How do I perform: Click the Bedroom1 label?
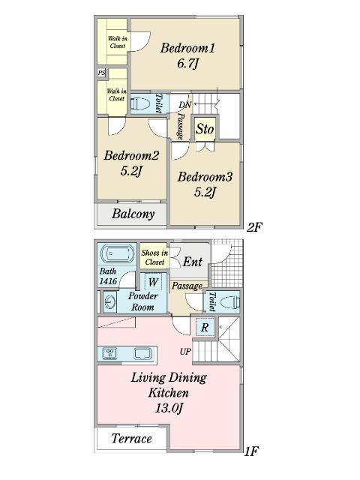[x=187, y=48]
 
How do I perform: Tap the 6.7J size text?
[x=187, y=64]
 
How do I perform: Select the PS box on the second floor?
[x=102, y=73]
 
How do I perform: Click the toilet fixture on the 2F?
[x=140, y=103]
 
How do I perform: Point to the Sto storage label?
[x=205, y=129]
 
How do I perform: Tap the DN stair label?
[x=185, y=105]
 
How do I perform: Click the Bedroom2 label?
[x=131, y=155]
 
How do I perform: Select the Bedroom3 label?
[x=205, y=177]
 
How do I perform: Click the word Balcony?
[x=133, y=214]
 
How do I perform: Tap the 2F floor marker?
[x=254, y=227]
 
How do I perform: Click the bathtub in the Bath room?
[x=118, y=254]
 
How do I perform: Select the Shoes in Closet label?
[x=154, y=257]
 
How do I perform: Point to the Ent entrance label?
[x=193, y=262]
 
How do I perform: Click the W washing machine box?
[x=153, y=282]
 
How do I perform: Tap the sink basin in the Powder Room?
[x=109, y=301]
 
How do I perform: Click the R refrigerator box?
[x=205, y=327]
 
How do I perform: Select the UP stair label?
[x=185, y=352]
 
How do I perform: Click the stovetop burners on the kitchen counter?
[x=109, y=353]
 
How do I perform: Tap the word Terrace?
[x=132, y=439]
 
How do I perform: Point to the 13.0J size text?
[x=169, y=408]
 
